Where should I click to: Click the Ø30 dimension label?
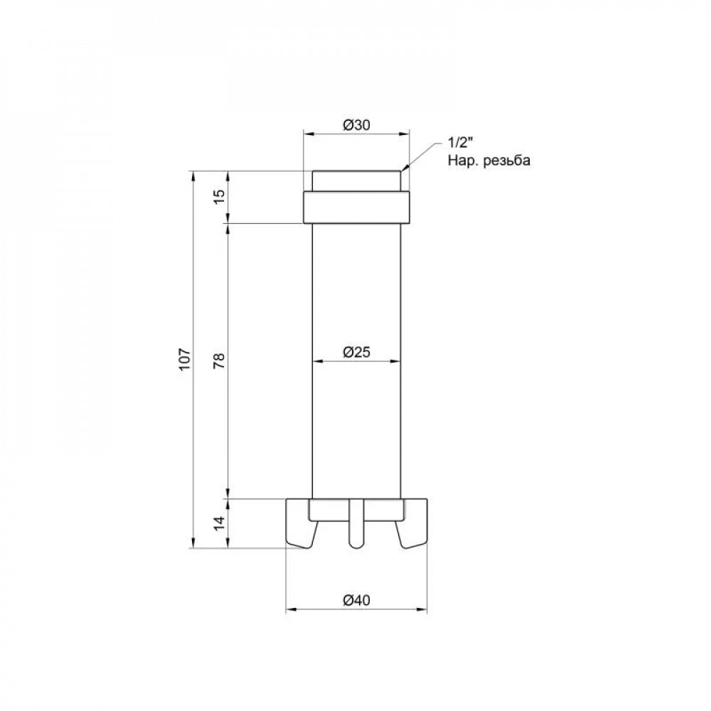point(357,124)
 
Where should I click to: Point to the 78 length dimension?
point(219,359)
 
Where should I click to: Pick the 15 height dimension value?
point(219,197)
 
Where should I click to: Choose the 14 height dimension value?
point(219,523)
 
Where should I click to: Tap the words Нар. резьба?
point(489,161)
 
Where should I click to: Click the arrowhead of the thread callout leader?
point(404,169)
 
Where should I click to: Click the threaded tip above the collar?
point(357,181)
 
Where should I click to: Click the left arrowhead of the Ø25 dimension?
point(316,361)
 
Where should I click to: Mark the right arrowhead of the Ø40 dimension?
point(425,610)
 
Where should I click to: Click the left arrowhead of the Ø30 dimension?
point(308,133)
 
